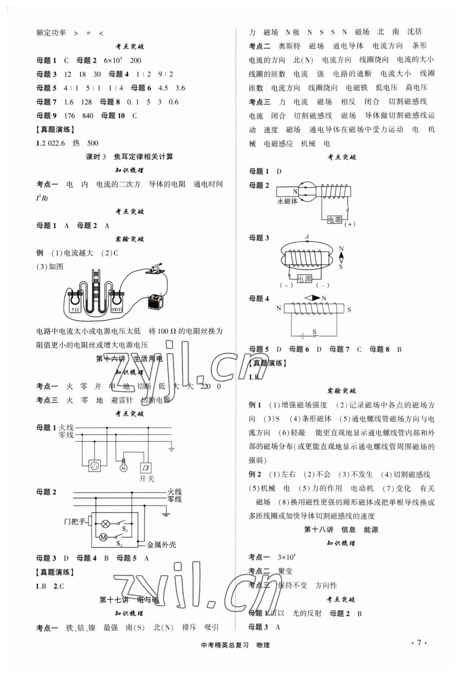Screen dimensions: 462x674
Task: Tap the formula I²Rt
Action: click(42, 198)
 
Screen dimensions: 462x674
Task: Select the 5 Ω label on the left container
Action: click(75, 309)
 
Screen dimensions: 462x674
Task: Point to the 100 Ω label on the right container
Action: click(116, 309)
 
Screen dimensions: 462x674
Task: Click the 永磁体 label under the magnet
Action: click(287, 201)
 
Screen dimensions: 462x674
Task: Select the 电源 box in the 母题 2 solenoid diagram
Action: click(334, 219)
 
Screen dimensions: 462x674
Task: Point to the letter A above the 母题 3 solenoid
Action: click(306, 237)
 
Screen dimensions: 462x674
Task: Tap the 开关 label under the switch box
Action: click(147, 479)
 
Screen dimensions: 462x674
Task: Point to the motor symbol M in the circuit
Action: click(104, 537)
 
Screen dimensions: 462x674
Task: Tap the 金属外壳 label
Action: click(161, 545)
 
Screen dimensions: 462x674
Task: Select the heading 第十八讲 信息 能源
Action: click(341, 529)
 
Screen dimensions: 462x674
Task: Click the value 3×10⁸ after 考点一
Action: click(286, 557)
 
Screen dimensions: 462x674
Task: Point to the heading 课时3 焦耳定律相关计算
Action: click(129, 157)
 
